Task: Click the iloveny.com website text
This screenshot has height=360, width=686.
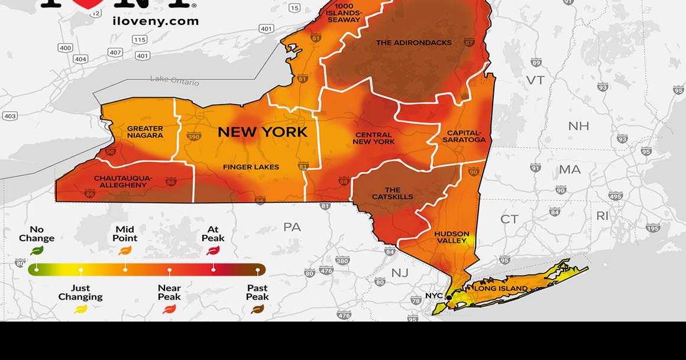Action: click(x=155, y=21)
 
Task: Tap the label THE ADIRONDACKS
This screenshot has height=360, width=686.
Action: click(x=414, y=43)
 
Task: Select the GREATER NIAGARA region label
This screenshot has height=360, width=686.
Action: click(x=145, y=132)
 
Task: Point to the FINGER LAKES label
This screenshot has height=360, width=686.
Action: click(x=251, y=167)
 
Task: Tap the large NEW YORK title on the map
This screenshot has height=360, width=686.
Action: click(x=263, y=132)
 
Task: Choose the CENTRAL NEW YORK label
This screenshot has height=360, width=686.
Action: click(x=374, y=138)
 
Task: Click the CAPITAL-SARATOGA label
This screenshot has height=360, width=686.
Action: click(x=466, y=137)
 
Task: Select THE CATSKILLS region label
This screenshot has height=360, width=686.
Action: click(x=393, y=193)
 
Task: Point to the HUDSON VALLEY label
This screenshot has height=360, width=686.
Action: click(x=452, y=237)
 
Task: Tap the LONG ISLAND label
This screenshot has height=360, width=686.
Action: click(x=500, y=288)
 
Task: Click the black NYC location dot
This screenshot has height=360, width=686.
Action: click(x=449, y=297)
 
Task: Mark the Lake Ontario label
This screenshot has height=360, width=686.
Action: click(x=174, y=80)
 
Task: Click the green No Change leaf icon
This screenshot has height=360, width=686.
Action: click(x=37, y=251)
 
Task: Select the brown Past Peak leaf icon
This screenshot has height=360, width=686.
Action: click(x=257, y=309)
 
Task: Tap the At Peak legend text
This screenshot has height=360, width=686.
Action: click(x=213, y=233)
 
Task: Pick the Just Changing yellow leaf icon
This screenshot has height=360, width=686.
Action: click(x=80, y=309)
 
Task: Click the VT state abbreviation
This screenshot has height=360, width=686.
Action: click(x=535, y=80)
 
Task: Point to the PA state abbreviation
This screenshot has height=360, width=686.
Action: click(x=292, y=227)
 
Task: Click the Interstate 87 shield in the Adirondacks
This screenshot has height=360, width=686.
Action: click(x=469, y=43)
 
